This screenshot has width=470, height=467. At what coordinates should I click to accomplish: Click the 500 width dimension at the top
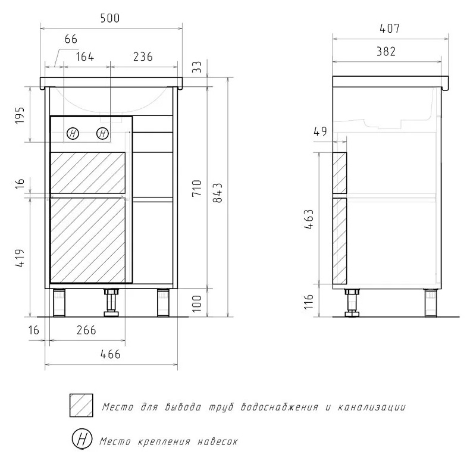[x=109, y=18]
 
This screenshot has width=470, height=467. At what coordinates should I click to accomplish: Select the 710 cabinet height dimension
[x=197, y=188]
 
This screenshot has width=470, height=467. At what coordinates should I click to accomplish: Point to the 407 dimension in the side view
[x=390, y=29]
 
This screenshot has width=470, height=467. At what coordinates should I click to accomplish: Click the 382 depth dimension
[x=386, y=52]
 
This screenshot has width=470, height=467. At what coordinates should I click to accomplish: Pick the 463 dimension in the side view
[x=309, y=220]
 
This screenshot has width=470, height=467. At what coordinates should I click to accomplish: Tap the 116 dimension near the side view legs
[x=309, y=302]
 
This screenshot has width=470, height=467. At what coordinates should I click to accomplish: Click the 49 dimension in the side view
[x=320, y=131]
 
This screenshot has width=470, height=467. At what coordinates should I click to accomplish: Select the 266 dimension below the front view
[x=86, y=330]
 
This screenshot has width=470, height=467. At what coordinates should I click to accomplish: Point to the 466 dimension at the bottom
[x=110, y=355]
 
